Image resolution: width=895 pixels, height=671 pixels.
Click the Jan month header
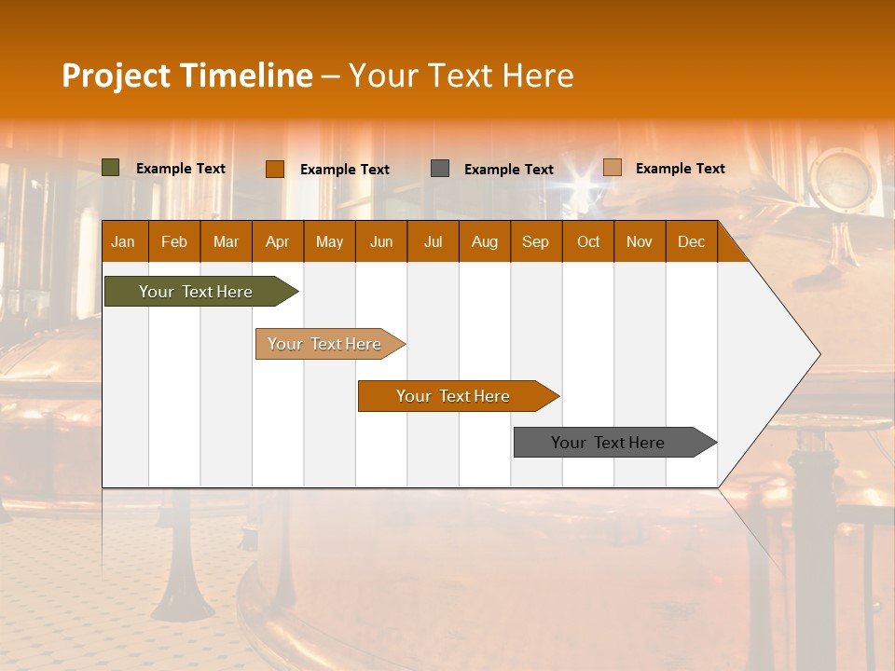pyautogui.click(x=123, y=241)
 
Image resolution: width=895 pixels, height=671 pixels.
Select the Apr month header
pyautogui.click(x=277, y=241)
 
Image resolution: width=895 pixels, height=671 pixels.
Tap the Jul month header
pyautogui.click(x=433, y=241)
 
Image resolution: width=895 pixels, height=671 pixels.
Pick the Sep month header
pyautogui.click(x=535, y=241)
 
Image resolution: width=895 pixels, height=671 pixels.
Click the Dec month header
pyautogui.click(x=691, y=241)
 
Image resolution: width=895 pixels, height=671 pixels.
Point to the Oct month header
pyautogui.click(x=588, y=241)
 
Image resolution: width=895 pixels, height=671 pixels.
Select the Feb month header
pyautogui.click(x=174, y=241)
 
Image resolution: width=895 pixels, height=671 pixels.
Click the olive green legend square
pyautogui.click(x=111, y=168)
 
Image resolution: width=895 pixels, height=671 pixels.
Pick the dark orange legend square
pyautogui.click(x=275, y=169)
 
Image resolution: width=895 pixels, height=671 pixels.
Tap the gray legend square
pyautogui.click(x=440, y=169)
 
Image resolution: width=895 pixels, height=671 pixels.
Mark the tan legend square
pyautogui.click(x=613, y=168)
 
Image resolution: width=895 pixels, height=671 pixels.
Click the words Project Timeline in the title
pyautogui.click(x=187, y=75)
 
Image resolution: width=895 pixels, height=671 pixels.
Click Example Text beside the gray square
pyautogui.click(x=509, y=170)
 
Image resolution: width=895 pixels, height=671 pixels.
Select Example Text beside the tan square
pyautogui.click(x=681, y=169)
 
